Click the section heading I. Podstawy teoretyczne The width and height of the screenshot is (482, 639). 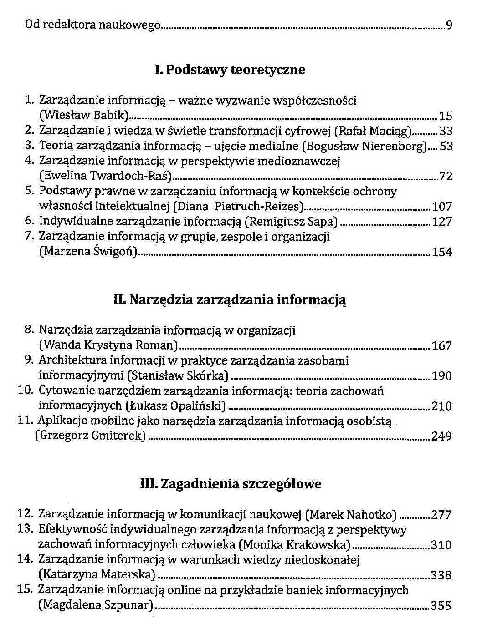(230, 70)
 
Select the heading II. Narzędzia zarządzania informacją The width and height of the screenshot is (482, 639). (230, 300)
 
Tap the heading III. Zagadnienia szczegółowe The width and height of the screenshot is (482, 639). (231, 484)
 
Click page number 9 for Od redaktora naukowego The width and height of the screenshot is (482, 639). (449, 25)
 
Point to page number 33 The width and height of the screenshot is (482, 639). (446, 132)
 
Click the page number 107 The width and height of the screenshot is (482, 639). (442, 207)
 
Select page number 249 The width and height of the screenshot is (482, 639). (441, 437)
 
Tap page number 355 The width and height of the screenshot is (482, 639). (441, 606)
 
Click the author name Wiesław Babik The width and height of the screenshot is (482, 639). (82, 116)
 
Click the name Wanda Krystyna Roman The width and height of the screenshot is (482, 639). (108, 345)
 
